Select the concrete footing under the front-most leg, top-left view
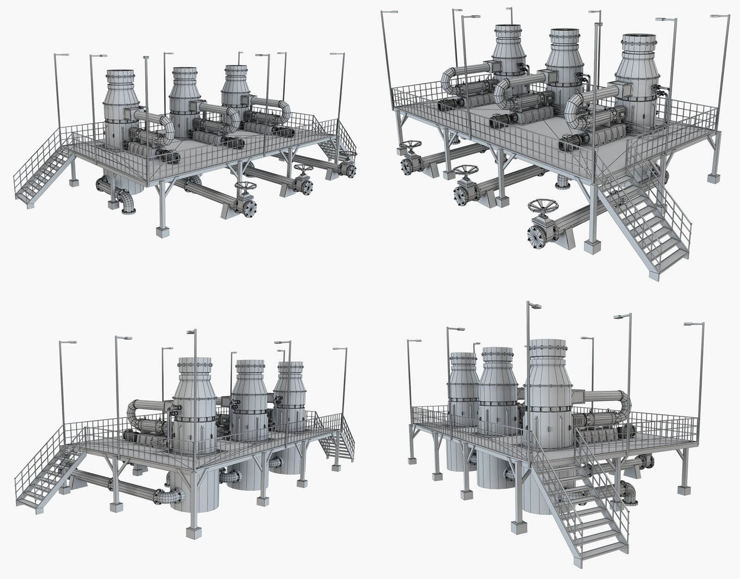(161, 232)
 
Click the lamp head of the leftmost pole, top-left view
(62, 55)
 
